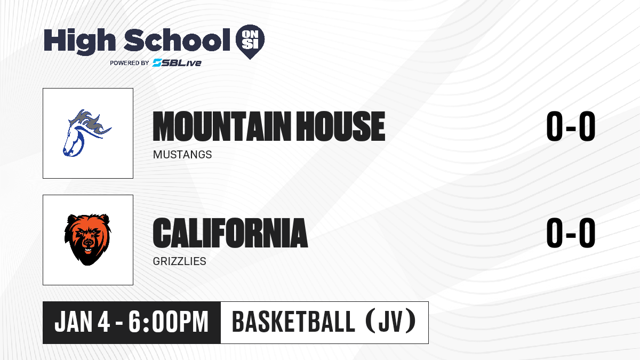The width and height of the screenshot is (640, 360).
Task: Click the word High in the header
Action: click(79, 41)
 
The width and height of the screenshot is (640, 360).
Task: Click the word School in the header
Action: click(177, 40)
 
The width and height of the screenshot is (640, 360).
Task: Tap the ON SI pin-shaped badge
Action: click(250, 42)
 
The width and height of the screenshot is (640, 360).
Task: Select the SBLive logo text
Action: click(177, 63)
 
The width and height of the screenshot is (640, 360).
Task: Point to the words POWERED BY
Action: click(130, 63)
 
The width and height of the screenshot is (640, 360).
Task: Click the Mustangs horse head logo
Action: click(87, 133)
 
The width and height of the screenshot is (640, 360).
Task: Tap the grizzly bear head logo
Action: click(87, 239)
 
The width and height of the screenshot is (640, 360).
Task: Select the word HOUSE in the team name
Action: click(341, 126)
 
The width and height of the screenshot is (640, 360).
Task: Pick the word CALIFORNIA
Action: click(230, 233)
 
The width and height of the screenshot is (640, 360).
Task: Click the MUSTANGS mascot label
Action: click(182, 155)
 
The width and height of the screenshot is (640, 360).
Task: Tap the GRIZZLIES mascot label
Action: click(179, 261)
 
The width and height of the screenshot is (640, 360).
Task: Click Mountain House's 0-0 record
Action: click(571, 126)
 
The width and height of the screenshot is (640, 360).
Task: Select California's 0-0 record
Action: click(571, 233)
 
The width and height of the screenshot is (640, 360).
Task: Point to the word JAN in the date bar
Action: click(74, 322)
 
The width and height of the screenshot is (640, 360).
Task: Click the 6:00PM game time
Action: click(169, 322)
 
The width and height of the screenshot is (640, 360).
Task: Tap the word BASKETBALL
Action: click(294, 322)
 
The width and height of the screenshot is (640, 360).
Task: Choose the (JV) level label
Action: click(391, 322)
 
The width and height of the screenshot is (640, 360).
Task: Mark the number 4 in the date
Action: click(103, 322)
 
